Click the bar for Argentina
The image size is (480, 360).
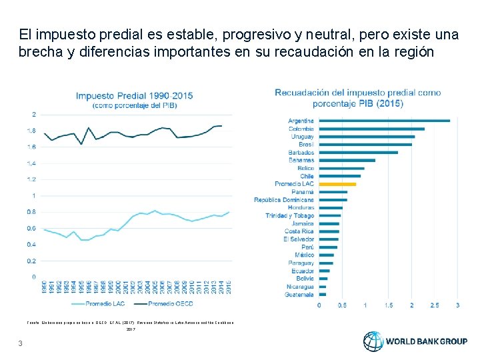point(393,121)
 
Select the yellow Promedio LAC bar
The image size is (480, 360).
point(337,184)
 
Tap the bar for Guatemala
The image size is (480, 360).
point(323,294)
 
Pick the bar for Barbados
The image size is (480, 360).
point(358,153)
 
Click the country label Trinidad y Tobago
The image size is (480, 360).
point(289,215)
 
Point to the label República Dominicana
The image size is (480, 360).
point(283,200)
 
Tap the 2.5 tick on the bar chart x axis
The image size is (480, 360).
point(434,305)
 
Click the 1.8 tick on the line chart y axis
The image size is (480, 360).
point(31,131)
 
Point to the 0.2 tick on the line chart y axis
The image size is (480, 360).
point(31,261)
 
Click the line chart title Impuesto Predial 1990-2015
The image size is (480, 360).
point(134,95)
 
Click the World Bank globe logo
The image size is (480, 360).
point(373,341)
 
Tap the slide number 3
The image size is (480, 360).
point(21,343)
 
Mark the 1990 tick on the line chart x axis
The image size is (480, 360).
point(45,285)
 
